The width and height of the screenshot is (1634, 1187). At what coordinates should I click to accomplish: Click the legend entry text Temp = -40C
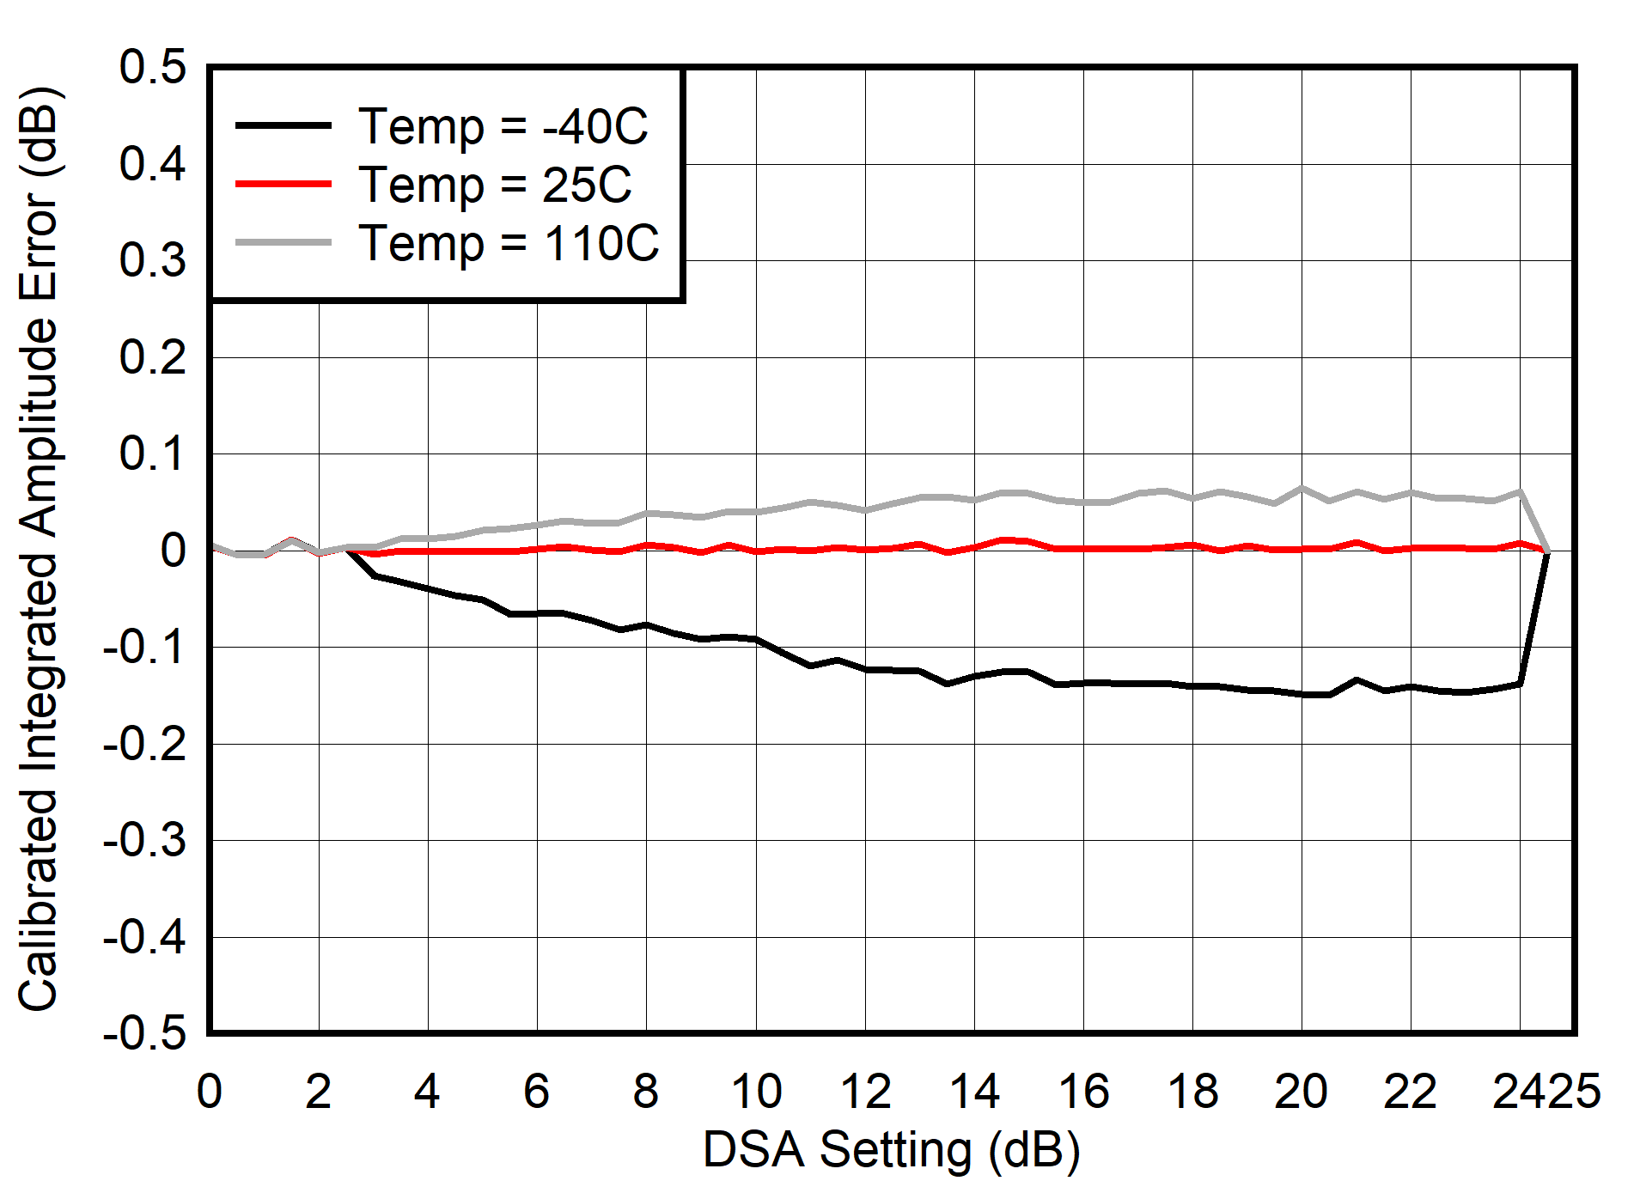coord(503,126)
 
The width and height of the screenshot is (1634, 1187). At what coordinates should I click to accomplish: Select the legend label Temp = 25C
coord(495,185)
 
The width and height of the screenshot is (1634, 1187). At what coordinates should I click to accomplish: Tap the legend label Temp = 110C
coord(509,243)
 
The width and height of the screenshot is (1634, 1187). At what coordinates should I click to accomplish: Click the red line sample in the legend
coord(284,184)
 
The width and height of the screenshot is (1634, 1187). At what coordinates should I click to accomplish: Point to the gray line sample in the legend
coord(284,243)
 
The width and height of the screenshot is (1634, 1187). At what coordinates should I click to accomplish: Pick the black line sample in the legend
coord(284,125)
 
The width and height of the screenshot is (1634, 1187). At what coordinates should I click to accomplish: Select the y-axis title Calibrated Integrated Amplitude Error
coord(38,550)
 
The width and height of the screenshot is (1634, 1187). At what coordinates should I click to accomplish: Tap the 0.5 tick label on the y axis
coord(153,67)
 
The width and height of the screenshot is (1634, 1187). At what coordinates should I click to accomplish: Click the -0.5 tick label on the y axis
coord(144,1033)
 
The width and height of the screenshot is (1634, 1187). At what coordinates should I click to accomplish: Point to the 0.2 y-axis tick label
coord(153,357)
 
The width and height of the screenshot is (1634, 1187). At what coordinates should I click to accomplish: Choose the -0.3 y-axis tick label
coord(144,840)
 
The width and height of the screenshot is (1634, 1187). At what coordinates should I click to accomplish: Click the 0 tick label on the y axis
coord(173,551)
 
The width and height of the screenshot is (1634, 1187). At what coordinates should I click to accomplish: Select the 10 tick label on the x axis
coord(756,1092)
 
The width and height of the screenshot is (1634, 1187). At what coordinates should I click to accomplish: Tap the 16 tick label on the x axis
coord(1083,1092)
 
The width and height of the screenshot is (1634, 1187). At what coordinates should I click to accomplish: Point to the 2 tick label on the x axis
coord(319,1092)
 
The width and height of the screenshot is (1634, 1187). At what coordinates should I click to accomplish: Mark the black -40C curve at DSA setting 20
coord(1302,694)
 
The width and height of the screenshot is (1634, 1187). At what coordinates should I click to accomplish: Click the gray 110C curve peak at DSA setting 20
coord(1302,488)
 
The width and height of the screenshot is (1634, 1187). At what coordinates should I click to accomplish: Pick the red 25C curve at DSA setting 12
coord(865,549)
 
